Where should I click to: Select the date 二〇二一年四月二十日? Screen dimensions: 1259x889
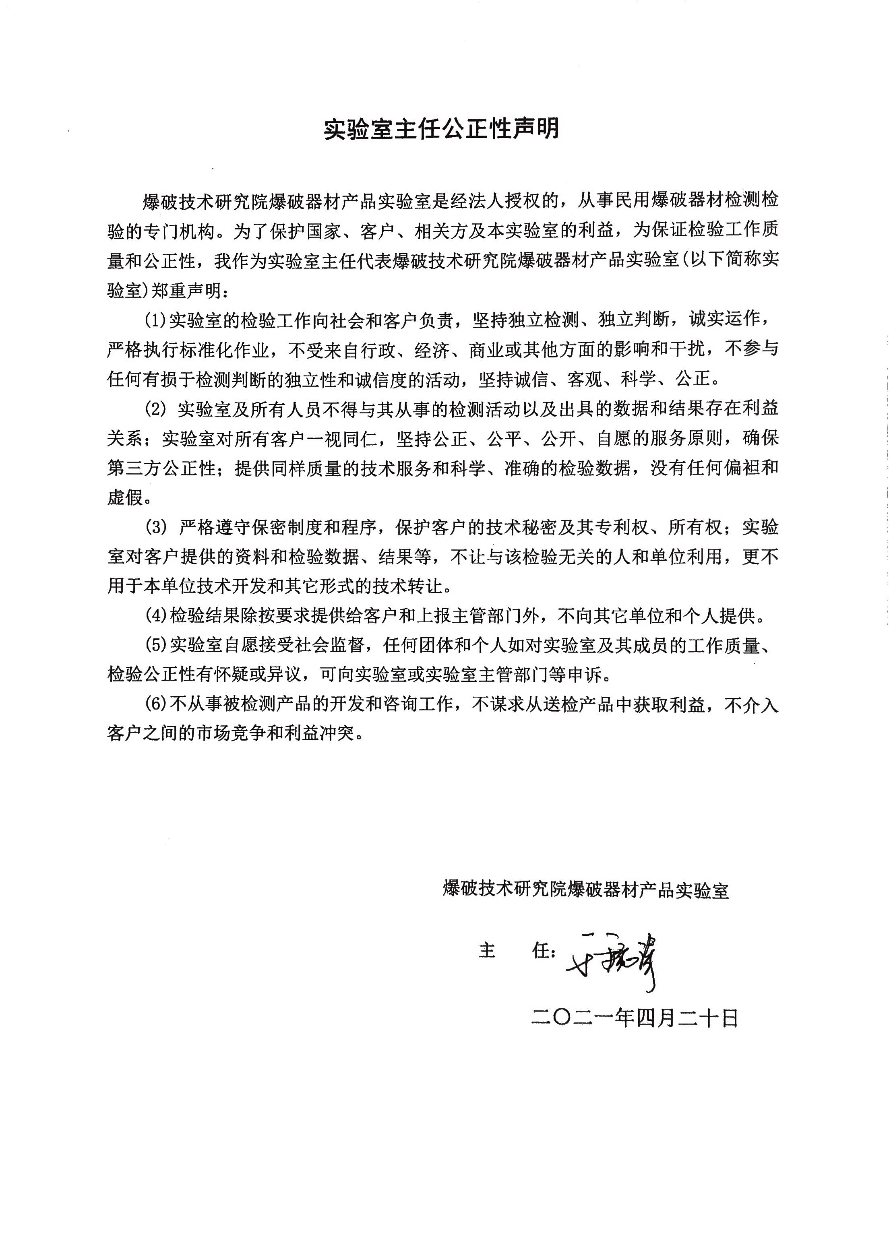635,1019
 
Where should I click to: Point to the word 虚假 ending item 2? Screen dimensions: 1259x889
125,498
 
